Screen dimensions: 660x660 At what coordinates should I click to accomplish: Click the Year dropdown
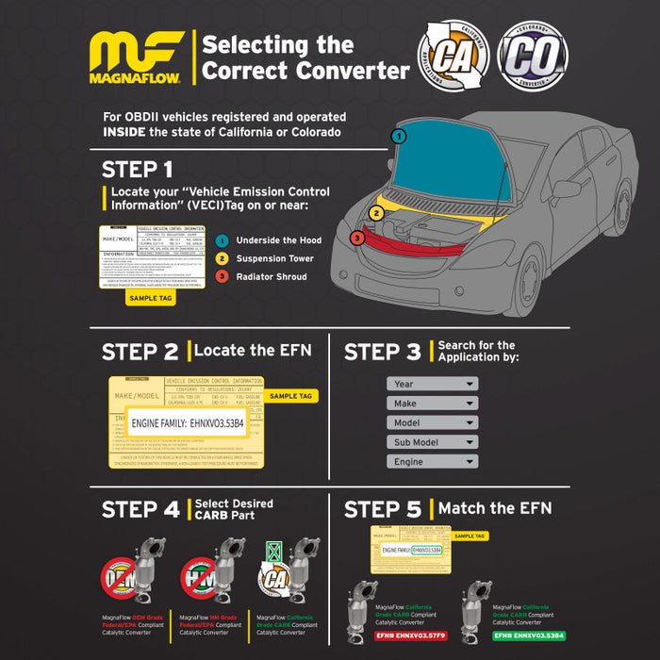[x=432, y=384]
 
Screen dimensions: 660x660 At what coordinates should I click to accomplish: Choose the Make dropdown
[x=432, y=404]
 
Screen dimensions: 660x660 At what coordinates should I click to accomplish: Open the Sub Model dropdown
[x=432, y=442]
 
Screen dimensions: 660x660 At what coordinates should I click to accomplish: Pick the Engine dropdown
[x=432, y=462]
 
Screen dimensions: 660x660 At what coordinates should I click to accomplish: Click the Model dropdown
[x=432, y=423]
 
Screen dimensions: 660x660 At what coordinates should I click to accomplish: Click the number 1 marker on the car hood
[x=400, y=136]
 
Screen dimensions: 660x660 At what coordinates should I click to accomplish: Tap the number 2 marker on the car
[x=375, y=213]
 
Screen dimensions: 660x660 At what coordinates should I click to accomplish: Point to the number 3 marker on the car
[x=357, y=238]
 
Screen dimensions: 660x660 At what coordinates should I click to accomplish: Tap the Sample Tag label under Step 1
[x=151, y=297]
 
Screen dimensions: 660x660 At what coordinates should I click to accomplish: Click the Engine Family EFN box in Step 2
[x=187, y=422]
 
